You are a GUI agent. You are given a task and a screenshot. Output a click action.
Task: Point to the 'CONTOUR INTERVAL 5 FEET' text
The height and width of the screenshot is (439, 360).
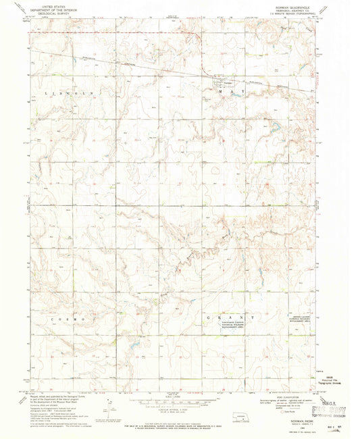[174, 408]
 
